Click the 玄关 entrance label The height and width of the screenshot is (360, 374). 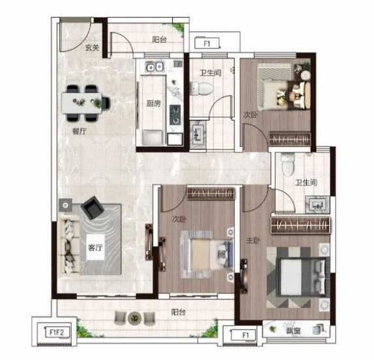(92, 48)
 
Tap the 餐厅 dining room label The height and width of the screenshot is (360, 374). (80, 131)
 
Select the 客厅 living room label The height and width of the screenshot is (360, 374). (95, 248)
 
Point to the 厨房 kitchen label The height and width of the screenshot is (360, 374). (153, 104)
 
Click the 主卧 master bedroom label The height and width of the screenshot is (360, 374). (253, 241)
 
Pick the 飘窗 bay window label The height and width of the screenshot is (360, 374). (293, 331)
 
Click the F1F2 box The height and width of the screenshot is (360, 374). (57, 333)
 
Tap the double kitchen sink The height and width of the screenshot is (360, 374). (155, 67)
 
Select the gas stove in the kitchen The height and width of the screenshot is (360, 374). (175, 115)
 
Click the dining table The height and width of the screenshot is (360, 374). (82, 103)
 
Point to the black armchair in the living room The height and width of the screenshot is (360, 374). (92, 207)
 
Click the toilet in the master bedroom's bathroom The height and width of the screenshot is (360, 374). (288, 164)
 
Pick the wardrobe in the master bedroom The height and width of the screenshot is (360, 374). (300, 225)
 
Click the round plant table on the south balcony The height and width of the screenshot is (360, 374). (134, 318)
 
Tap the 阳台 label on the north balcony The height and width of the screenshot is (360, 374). (159, 40)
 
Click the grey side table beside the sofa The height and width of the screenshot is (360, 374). (65, 205)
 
